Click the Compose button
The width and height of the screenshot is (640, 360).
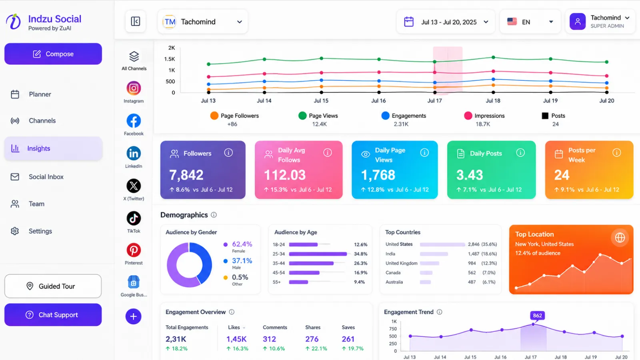click(x=53, y=54)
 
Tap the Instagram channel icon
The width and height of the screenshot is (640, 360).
click(x=134, y=88)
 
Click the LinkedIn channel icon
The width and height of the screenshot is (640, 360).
click(x=134, y=154)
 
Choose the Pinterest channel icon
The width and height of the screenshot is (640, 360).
click(x=134, y=250)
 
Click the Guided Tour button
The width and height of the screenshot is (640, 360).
click(x=53, y=286)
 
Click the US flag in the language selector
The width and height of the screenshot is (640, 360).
click(x=512, y=22)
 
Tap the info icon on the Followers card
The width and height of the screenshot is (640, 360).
click(x=228, y=153)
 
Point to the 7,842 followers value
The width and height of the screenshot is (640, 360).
click(x=186, y=175)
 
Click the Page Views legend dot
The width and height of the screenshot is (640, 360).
click(x=302, y=116)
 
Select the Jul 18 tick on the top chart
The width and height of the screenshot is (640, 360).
click(x=493, y=100)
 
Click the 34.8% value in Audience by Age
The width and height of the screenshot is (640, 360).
click(x=360, y=254)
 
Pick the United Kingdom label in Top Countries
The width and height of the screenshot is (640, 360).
click(x=402, y=263)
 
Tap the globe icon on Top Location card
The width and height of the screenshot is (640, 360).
click(x=620, y=238)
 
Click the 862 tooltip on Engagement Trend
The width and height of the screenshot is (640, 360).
click(x=537, y=316)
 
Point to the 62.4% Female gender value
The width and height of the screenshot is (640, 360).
click(x=242, y=244)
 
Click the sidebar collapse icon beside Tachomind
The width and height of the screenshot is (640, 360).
click(x=136, y=22)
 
